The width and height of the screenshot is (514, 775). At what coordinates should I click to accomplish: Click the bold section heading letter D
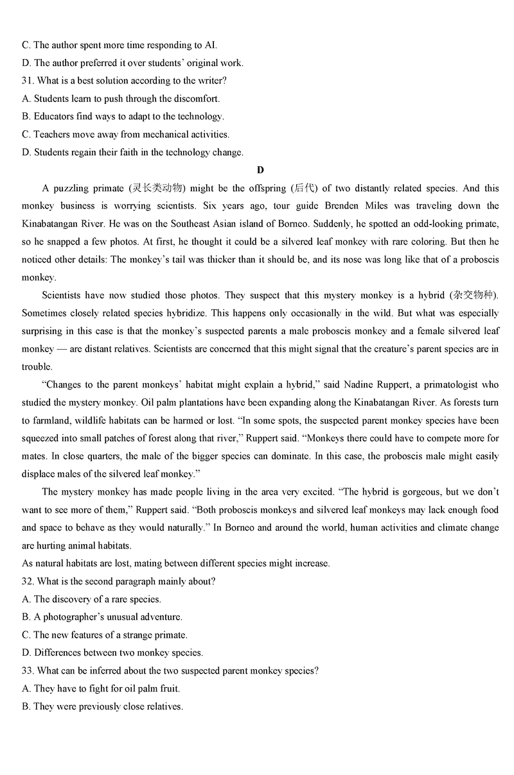click(x=260, y=170)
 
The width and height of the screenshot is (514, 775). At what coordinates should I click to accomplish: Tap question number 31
click(x=28, y=81)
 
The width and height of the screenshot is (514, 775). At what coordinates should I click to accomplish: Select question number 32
click(x=28, y=581)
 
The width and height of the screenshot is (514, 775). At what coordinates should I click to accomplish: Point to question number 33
click(x=28, y=671)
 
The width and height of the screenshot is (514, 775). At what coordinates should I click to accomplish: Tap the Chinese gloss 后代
click(x=304, y=189)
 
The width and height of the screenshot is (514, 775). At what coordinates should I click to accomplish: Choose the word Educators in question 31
click(x=55, y=117)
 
